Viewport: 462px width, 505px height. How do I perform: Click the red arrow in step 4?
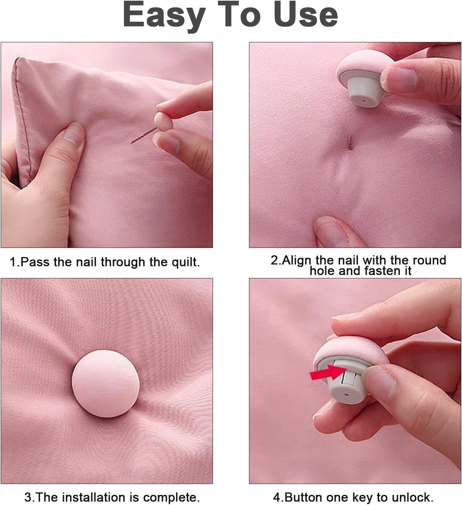(327, 373)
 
